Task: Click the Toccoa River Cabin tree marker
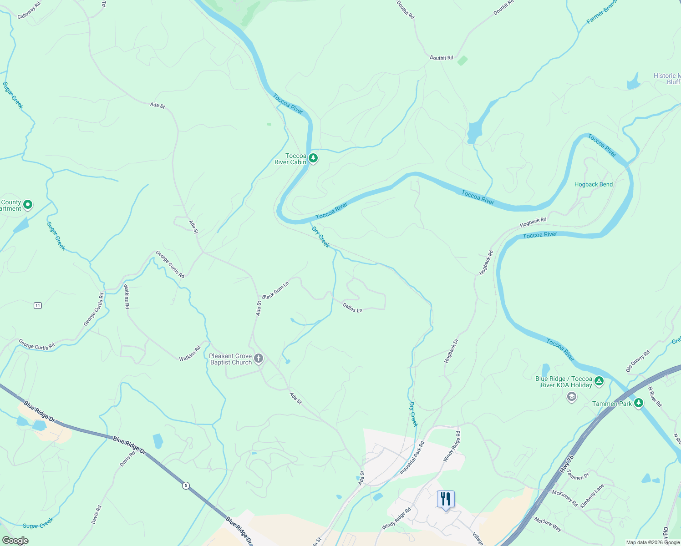coord(313,158)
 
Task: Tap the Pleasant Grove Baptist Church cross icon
coord(259,359)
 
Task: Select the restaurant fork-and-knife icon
coord(446,499)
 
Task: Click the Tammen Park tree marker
coord(639,403)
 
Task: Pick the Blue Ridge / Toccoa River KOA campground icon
coord(599,381)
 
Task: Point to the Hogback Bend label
coord(594,184)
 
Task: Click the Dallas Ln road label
coord(352,308)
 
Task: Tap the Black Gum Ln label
coord(275,290)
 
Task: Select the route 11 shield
coord(38,305)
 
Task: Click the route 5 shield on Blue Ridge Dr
coord(186,485)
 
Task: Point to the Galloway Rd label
coord(29,10)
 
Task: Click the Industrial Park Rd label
coord(412,458)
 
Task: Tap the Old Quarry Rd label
coord(638,361)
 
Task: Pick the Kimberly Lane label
coord(592,496)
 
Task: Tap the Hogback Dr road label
coord(451,351)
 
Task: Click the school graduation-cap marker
coord(571,397)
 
